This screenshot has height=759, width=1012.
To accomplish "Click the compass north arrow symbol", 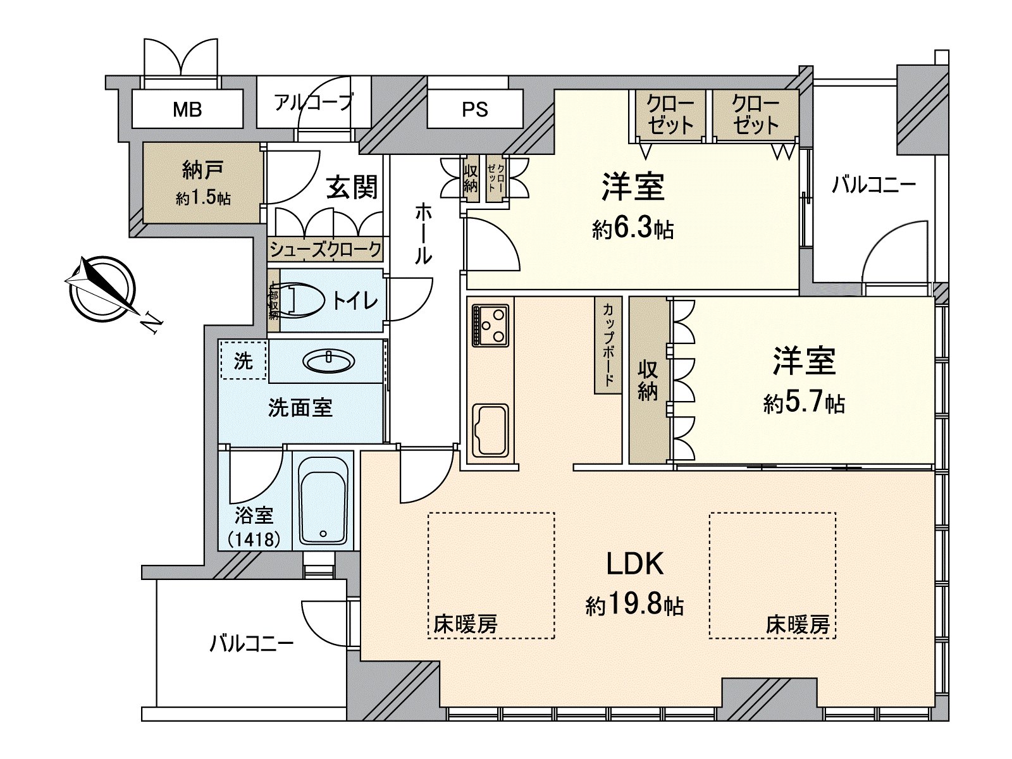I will (101, 288).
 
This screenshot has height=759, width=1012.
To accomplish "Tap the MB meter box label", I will (187, 110).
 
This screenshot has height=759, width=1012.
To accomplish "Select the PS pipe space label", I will (474, 110).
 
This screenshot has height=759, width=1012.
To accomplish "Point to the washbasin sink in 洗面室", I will (328, 361).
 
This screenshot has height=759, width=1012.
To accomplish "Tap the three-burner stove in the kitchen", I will (490, 325).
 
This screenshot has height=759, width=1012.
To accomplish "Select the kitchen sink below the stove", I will (491, 431).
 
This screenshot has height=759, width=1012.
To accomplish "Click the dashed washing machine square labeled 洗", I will (244, 361).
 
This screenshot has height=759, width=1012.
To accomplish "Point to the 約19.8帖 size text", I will (634, 606).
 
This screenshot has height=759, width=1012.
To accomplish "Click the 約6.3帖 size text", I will (632, 229).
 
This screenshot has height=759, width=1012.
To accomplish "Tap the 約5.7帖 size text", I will (804, 402).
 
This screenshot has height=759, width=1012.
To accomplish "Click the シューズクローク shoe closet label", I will (326, 250).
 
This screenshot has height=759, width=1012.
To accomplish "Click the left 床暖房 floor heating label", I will (466, 625).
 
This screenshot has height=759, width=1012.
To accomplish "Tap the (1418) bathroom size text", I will (254, 539).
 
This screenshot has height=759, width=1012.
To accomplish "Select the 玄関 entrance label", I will (352, 187).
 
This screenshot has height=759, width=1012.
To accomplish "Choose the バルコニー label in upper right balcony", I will (873, 185).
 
